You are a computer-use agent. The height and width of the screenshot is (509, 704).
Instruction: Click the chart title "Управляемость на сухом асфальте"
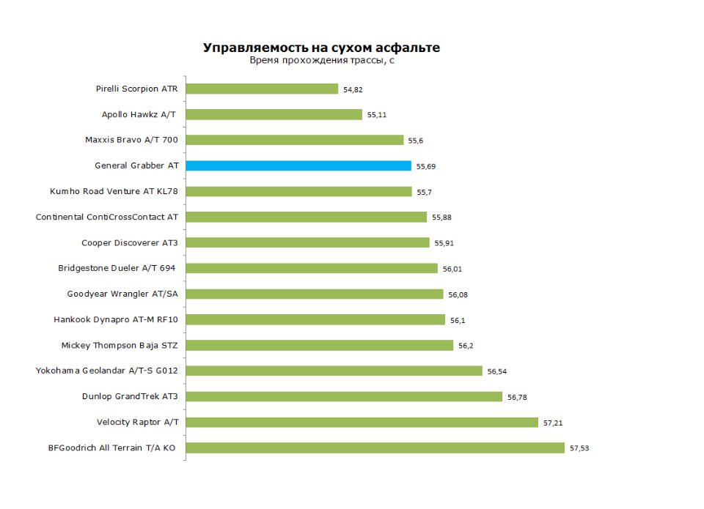click(x=321, y=48)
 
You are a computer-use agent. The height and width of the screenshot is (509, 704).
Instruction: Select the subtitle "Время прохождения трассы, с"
click(x=322, y=61)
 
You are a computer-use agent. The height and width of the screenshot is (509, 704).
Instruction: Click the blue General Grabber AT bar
click(x=298, y=166)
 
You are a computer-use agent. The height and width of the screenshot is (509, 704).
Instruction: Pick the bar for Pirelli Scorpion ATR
click(x=262, y=89)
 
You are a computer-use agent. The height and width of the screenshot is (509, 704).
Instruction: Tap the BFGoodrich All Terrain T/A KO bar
click(x=375, y=447)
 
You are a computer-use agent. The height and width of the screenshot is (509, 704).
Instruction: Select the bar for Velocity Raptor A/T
click(x=362, y=422)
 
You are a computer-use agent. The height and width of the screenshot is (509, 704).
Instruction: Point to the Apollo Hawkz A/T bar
click(x=274, y=114)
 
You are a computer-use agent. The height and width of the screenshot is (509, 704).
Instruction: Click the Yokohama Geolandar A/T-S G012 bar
click(x=334, y=371)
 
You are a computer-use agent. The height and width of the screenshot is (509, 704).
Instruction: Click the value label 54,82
click(x=353, y=89)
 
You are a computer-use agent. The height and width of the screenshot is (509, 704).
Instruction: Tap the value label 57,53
click(x=579, y=448)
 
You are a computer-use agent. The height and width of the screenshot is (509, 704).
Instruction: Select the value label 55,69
click(x=426, y=166)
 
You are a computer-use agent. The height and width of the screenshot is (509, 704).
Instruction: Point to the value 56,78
click(x=517, y=397)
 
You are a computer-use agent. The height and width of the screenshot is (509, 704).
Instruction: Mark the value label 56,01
click(x=452, y=269)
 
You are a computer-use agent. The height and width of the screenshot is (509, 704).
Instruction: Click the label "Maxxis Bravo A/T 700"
click(x=131, y=140)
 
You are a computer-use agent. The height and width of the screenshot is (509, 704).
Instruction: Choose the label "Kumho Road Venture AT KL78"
click(x=114, y=191)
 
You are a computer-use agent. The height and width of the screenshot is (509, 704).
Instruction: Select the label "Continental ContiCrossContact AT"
click(x=107, y=217)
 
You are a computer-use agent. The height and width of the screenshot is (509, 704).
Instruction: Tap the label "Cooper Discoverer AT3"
click(x=130, y=242)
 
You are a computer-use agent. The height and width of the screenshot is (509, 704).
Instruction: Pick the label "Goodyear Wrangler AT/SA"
click(x=122, y=294)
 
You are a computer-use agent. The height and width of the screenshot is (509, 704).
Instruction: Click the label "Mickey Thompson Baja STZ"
click(x=120, y=345)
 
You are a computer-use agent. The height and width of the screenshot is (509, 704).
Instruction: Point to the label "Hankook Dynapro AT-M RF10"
click(x=116, y=319)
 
